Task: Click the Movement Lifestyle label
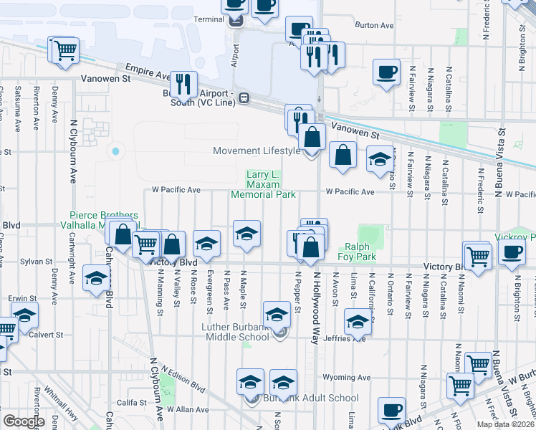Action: click(257, 150)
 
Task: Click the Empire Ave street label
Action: click(147, 72)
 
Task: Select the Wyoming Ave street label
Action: click(347, 376)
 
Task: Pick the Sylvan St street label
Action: click(33, 262)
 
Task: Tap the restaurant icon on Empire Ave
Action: click(186, 84)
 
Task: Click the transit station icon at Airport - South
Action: click(244, 97)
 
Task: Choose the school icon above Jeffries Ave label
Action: click(357, 320)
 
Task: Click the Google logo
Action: click(23, 421)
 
